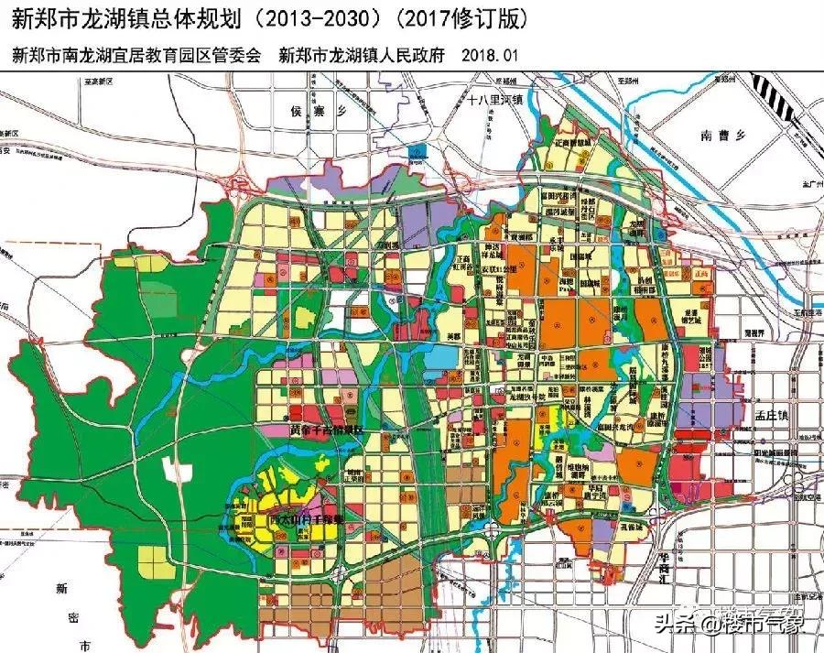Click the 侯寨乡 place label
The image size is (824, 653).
[x=313, y=112]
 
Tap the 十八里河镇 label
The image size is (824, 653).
[x=493, y=100]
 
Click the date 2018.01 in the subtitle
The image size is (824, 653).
[x=491, y=55]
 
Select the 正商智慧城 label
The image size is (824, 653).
[x=576, y=144]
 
